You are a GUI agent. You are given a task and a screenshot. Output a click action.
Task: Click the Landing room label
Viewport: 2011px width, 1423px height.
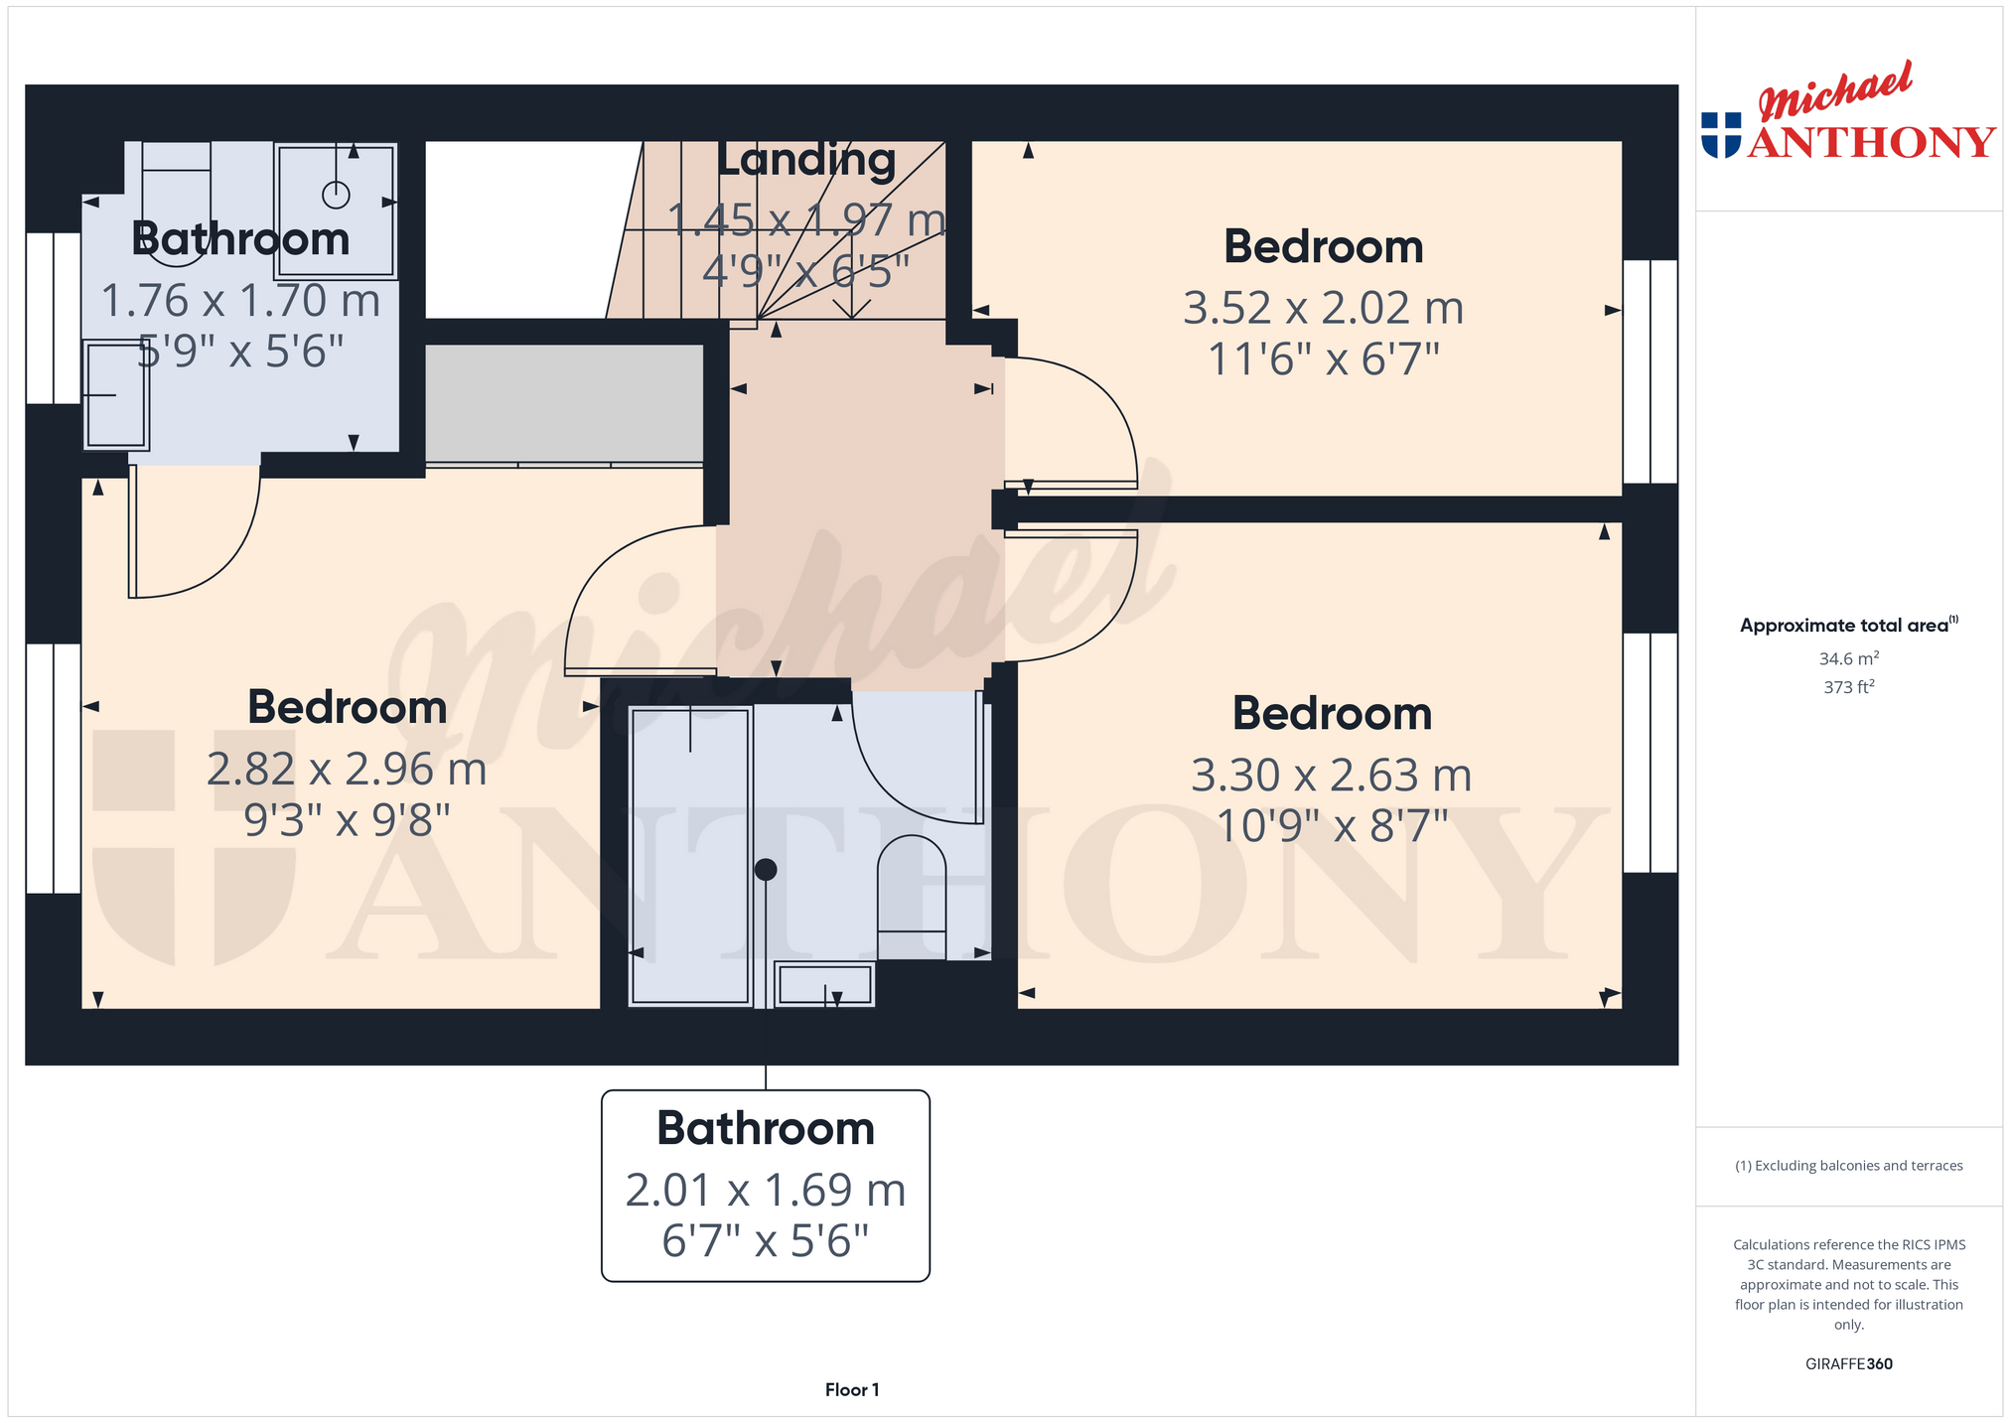pos(806,161)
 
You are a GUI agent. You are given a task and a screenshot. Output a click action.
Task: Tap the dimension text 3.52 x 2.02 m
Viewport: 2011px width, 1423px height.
pos(1324,308)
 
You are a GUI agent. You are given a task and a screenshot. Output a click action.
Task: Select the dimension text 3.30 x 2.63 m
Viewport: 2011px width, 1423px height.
pos(1332,776)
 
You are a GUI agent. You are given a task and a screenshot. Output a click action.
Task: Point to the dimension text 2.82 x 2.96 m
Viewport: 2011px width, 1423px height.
pos(347,770)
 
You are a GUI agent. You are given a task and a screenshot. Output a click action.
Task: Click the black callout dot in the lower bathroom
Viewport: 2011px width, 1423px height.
pos(766,870)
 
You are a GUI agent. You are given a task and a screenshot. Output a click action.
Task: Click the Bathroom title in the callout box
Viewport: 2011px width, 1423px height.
pos(766,1129)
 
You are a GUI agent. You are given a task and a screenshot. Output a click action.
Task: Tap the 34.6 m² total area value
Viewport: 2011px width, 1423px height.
pos(1848,658)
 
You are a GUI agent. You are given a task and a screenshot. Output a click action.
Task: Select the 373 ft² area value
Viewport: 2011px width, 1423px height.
pos(1848,686)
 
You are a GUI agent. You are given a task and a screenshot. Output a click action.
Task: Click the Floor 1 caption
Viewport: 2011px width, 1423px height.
pos(852,1390)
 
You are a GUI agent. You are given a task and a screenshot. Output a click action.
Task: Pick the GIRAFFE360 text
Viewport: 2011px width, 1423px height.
pos(1848,1364)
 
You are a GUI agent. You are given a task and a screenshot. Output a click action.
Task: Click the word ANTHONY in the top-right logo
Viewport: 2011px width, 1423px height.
pos(1871,142)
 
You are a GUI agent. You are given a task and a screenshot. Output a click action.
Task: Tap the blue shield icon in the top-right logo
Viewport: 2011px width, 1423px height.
pos(1721,135)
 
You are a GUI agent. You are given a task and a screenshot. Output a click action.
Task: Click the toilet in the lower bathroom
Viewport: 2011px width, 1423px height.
pos(912,896)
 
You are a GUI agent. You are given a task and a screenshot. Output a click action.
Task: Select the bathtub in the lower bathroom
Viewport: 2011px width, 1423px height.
pos(690,856)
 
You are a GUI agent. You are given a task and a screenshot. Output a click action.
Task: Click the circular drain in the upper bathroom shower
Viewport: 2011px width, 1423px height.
pos(337,196)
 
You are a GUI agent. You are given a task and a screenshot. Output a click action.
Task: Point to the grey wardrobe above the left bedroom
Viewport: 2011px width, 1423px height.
pos(564,404)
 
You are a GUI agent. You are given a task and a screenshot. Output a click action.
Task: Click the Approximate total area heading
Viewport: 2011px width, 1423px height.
pos(1848,625)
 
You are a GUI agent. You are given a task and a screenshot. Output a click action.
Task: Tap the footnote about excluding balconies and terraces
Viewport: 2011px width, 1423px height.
pos(1848,1166)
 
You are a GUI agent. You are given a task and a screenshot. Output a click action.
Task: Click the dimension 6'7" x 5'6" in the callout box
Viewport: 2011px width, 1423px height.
pos(766,1241)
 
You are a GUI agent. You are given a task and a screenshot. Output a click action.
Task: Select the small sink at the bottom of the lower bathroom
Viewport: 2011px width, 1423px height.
pos(824,984)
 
